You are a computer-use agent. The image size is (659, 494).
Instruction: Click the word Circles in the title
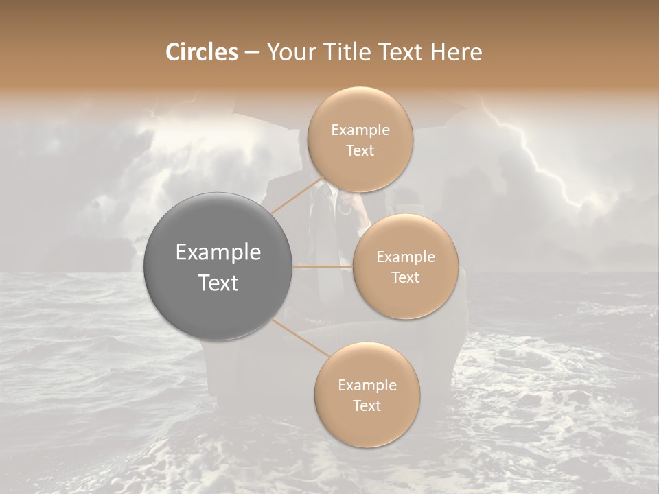pos(202,52)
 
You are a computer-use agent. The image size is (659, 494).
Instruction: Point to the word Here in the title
pos(456,52)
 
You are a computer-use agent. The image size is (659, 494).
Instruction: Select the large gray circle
pos(218,266)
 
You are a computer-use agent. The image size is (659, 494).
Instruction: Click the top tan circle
pos(360,140)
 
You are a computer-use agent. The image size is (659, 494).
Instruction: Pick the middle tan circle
pos(406,266)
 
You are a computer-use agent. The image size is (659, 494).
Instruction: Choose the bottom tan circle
pos(367,395)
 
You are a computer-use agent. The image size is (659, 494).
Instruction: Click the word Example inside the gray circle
pos(218,252)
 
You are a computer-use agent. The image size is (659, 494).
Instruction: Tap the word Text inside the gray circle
pos(218,283)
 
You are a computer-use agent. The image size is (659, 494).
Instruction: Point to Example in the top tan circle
pos(360,130)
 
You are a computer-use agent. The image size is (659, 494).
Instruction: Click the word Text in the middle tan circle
pos(406,277)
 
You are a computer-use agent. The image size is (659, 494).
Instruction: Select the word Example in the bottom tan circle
pos(367,385)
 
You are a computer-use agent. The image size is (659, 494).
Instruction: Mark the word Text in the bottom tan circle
pos(367,405)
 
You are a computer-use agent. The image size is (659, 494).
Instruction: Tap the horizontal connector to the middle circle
pos(323,266)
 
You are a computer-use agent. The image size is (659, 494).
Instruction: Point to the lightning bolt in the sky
pos(542,161)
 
